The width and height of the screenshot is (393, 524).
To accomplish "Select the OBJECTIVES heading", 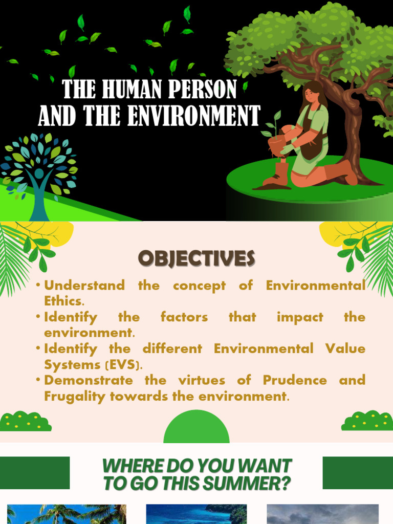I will (x=196, y=259).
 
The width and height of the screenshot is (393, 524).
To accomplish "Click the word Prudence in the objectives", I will (x=294, y=380).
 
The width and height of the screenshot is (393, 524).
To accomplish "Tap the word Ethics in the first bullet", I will (x=62, y=301).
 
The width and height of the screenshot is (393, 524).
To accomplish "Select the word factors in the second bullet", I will (x=184, y=317).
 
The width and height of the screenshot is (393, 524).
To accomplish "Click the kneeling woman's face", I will (x=311, y=95).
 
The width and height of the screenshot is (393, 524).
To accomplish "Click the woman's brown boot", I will (x=278, y=174).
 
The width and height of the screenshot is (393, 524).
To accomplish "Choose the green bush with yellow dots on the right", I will (x=367, y=421).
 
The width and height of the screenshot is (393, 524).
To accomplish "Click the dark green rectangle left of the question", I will (x=34, y=473).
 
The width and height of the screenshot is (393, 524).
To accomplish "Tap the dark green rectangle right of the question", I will (x=358, y=473).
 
